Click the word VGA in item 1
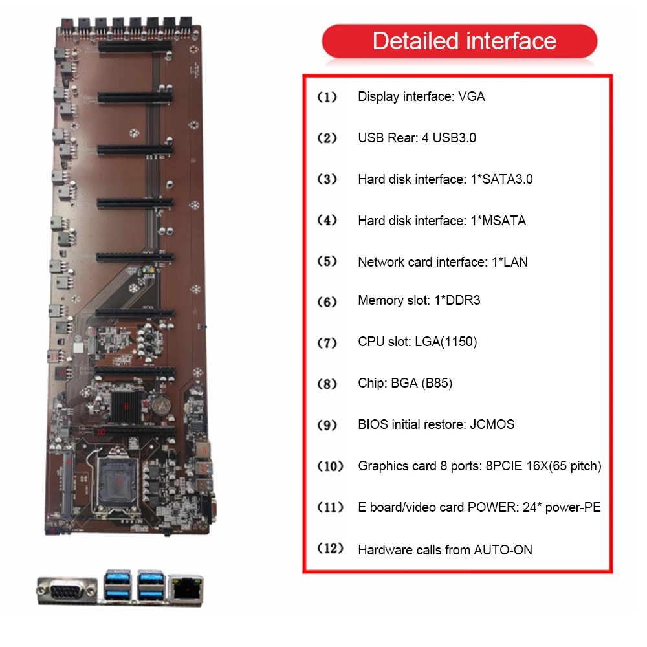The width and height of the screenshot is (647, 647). (471, 96)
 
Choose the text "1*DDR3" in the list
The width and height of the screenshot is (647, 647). (457, 300)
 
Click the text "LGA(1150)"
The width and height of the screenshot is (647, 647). (446, 342)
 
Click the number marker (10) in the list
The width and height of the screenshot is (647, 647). (330, 466)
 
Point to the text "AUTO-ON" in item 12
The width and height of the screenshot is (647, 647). (503, 550)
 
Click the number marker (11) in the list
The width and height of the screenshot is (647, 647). (330, 508)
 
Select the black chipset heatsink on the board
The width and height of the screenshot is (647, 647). (126, 406)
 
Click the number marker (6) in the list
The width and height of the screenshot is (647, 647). (327, 302)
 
